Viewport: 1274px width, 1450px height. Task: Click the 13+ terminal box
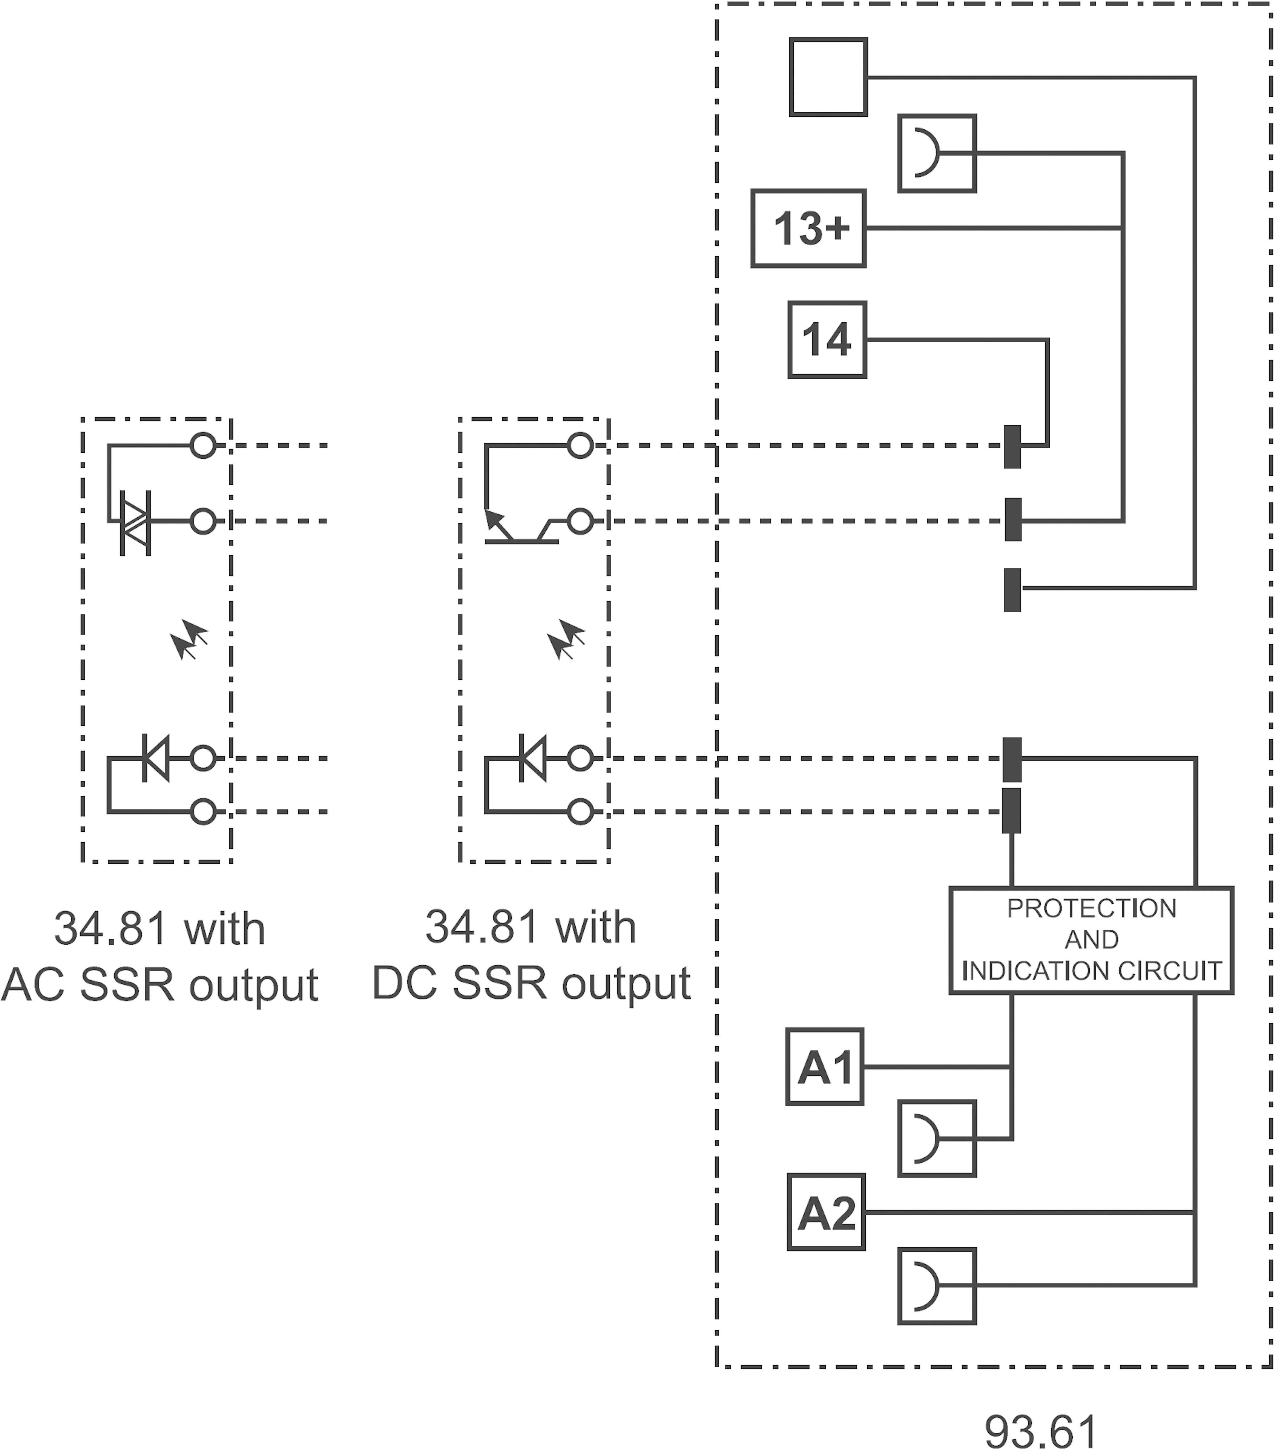click(808, 228)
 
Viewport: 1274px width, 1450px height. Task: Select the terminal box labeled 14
click(827, 340)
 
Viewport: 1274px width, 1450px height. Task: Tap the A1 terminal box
click(824, 1066)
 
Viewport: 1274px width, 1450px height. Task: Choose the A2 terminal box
click(826, 1212)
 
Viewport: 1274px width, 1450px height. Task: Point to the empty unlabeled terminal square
click(828, 77)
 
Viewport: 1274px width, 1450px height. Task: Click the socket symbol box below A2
click(936, 1286)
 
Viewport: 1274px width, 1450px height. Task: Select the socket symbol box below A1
click(936, 1139)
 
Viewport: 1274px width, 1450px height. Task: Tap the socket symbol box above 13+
click(936, 153)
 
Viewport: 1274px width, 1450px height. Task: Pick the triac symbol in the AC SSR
click(135, 523)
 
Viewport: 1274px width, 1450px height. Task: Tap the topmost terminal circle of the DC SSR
click(580, 446)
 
